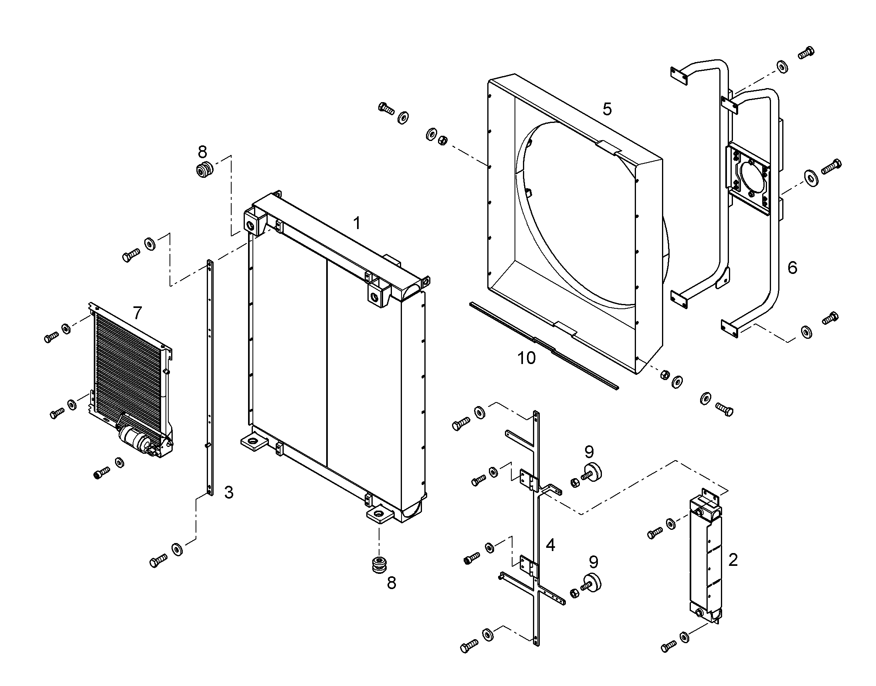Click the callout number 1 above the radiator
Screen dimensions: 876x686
[x=356, y=223]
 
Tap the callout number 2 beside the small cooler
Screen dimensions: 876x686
[x=733, y=560]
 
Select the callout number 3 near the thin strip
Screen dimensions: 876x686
[x=229, y=493]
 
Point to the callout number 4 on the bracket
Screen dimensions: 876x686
[x=550, y=545]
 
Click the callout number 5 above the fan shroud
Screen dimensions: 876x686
[x=607, y=109]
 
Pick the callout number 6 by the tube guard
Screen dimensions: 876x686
[x=792, y=268]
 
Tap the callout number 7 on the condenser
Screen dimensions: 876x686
[x=137, y=313]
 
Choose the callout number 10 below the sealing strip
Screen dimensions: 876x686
[x=527, y=358]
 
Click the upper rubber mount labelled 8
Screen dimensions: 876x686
[x=204, y=170]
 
